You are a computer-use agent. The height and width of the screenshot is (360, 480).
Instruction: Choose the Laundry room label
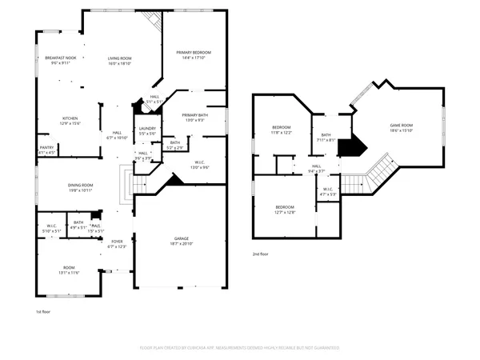(x=146, y=130)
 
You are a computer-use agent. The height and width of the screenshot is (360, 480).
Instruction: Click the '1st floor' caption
(x=43, y=311)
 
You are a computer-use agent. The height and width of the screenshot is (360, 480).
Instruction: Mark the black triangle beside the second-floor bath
(x=350, y=147)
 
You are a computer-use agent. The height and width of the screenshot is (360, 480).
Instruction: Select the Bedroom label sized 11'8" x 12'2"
(x=282, y=130)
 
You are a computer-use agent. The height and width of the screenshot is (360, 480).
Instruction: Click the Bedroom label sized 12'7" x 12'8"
(x=286, y=210)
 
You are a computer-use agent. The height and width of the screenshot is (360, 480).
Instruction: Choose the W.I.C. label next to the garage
(x=199, y=165)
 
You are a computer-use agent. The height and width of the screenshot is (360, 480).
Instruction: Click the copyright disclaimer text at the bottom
(x=239, y=348)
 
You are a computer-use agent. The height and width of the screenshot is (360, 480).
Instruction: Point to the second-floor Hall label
(x=317, y=168)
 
